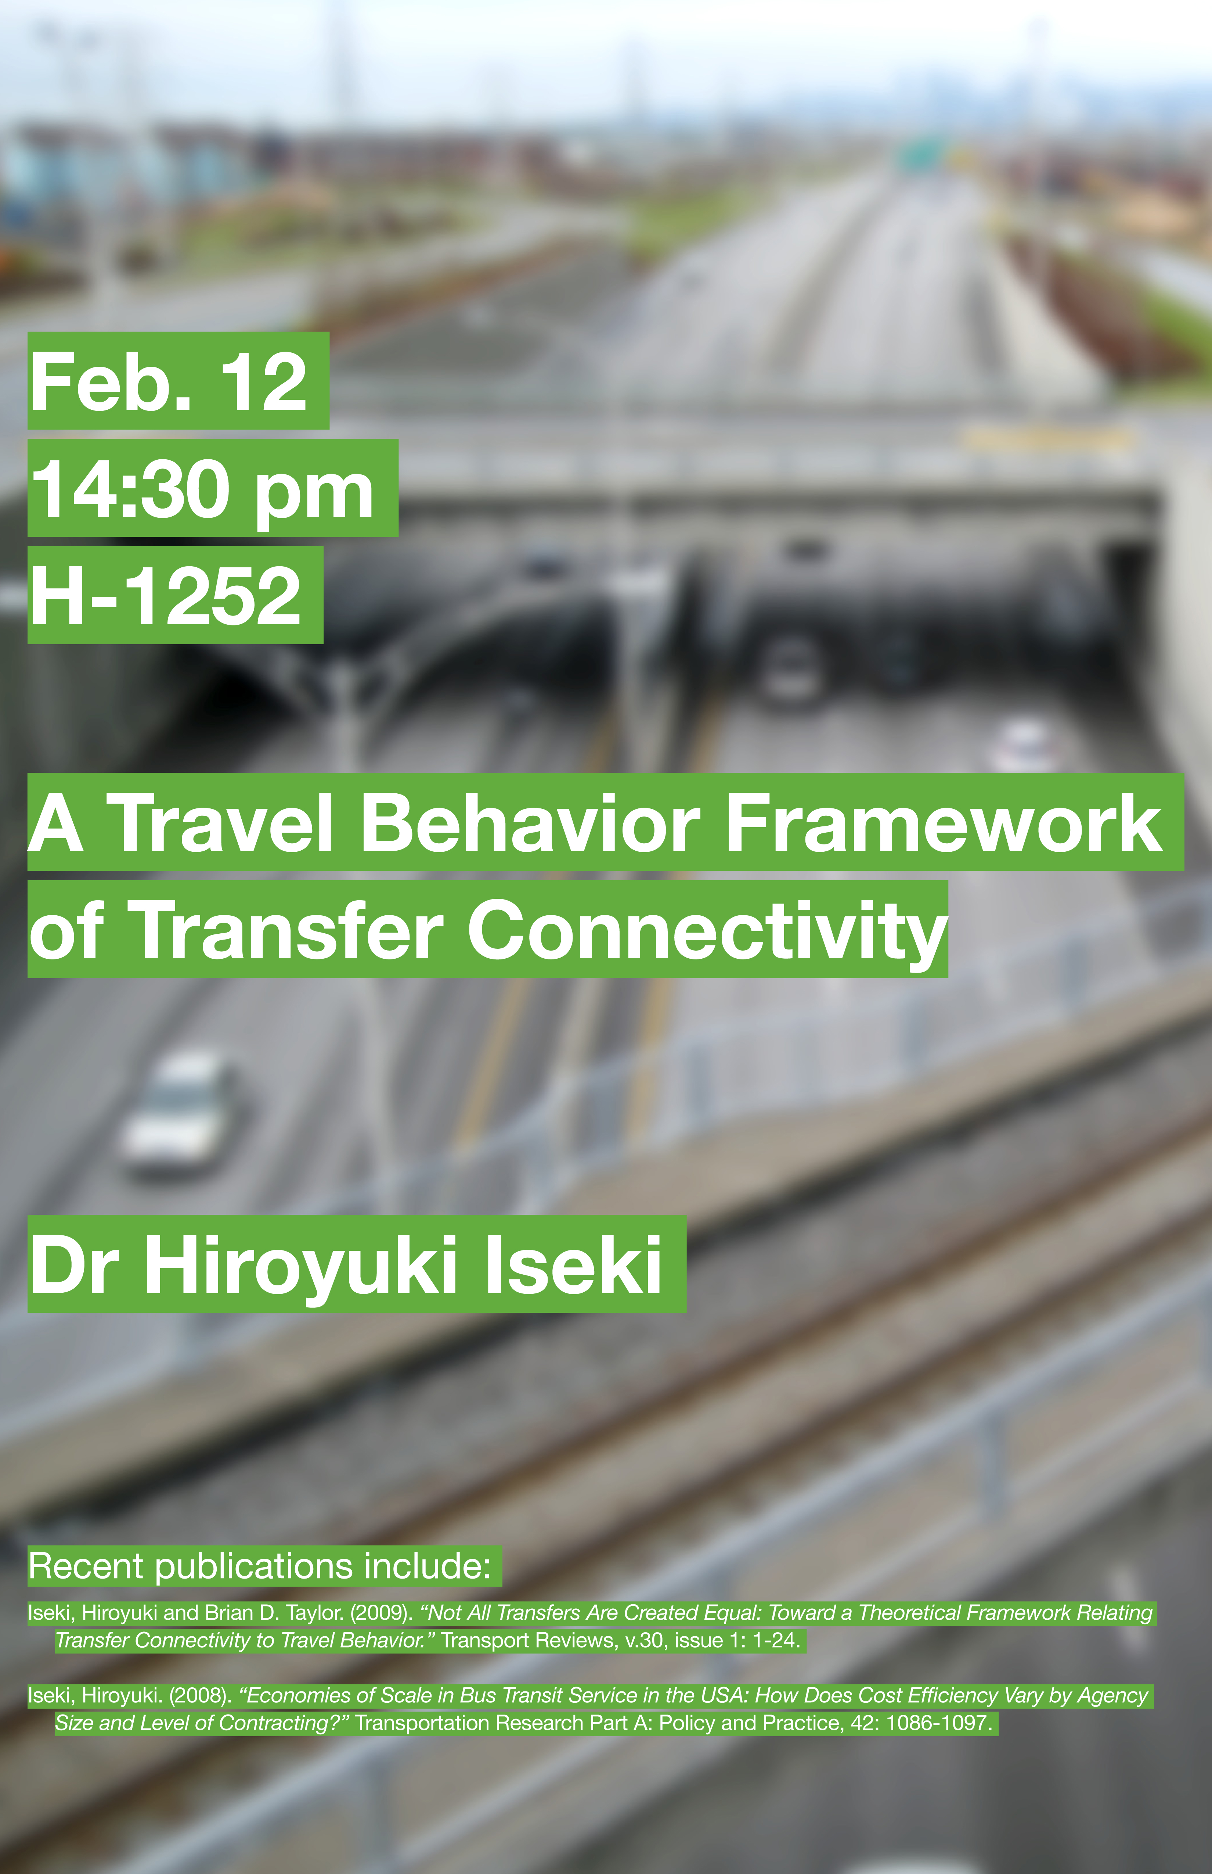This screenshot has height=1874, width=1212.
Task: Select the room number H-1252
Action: point(165,596)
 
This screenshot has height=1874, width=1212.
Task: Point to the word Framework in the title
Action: point(943,823)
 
